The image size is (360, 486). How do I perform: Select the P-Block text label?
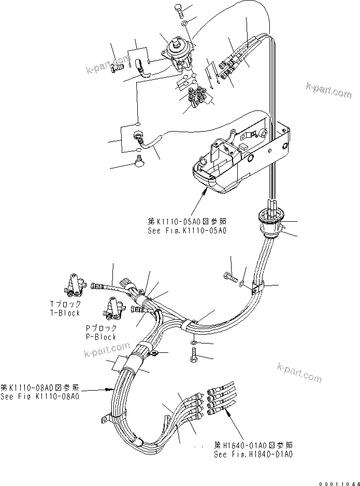tap(101, 336)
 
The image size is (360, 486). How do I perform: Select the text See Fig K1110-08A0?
tap(40, 396)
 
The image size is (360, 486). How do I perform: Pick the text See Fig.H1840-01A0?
tap(253, 454)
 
